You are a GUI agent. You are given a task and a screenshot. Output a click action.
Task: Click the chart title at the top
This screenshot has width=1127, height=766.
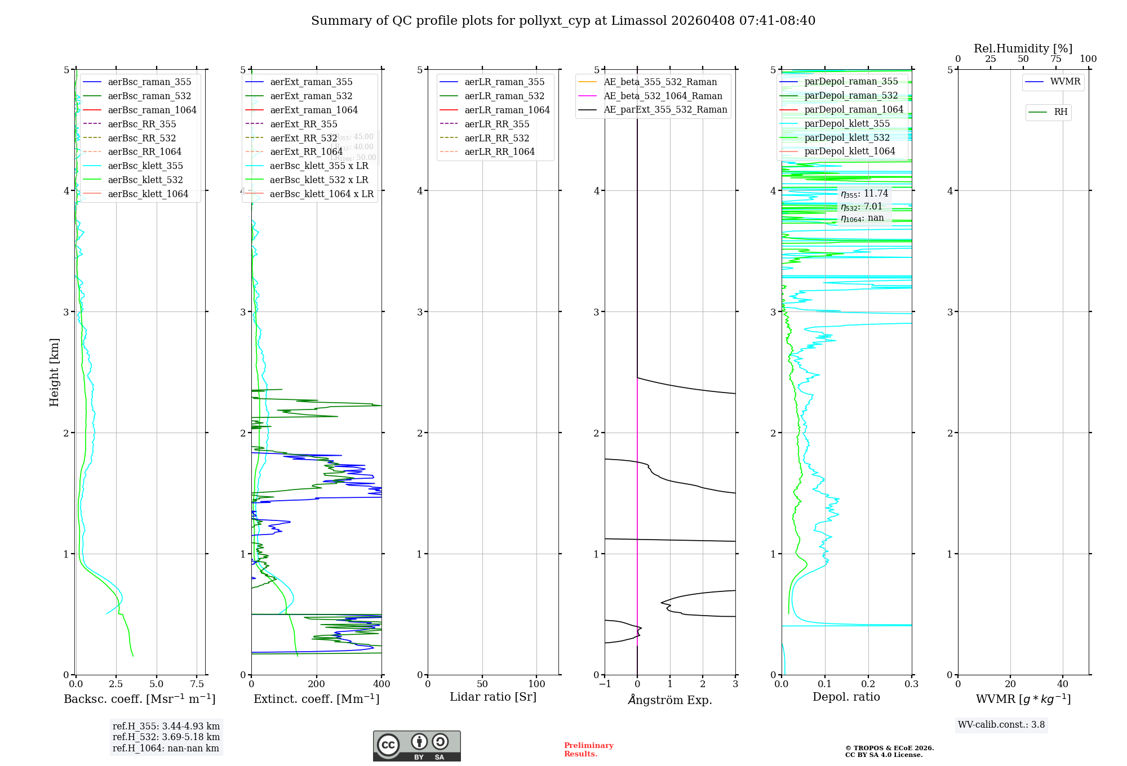563,21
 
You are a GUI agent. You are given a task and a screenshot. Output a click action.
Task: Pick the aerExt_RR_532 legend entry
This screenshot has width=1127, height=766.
304,138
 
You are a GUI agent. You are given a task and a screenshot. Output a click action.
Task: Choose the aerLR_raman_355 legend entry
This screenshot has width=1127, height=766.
504,82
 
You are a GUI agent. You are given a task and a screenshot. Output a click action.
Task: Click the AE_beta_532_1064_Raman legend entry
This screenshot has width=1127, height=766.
663,96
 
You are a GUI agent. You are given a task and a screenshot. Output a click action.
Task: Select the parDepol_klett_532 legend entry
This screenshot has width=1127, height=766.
847,137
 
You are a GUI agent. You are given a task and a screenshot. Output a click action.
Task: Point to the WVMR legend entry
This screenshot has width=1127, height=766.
1065,82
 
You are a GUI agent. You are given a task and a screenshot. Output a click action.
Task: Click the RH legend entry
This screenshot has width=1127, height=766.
1061,112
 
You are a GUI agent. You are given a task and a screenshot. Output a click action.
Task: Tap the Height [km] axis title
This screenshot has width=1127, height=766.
54,372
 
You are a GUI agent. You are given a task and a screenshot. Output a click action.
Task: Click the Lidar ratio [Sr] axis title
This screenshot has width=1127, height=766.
493,697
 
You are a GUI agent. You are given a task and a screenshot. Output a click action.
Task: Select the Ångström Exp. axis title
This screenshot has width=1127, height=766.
670,700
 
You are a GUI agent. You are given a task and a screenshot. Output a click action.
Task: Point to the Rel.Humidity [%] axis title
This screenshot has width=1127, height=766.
1023,48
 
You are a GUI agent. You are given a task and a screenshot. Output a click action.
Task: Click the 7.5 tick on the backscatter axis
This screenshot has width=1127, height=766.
197,684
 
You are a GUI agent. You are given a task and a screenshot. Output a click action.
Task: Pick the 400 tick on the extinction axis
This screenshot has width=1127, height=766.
381,684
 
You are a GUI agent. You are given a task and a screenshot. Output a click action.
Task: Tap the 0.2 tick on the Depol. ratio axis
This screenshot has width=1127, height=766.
868,684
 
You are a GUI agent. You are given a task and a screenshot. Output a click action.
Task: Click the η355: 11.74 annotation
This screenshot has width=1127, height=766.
864,194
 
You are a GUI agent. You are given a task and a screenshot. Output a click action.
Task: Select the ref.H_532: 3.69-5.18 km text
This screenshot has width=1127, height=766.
166,737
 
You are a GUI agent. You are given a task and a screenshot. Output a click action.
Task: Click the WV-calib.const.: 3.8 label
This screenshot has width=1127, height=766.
1001,725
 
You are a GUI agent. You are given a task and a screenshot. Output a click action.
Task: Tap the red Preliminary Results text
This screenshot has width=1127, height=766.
588,750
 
